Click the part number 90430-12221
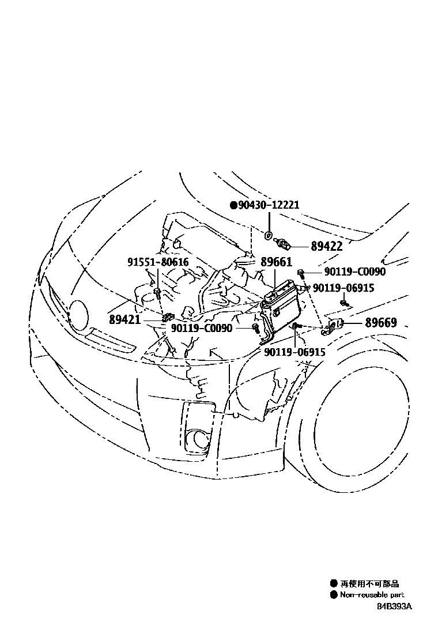click(269, 205)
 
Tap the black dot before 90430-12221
click(233, 205)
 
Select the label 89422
click(327, 246)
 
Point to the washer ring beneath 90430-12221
click(269, 235)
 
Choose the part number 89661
click(276, 262)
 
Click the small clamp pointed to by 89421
click(167, 318)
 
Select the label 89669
click(380, 323)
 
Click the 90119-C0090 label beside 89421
click(201, 328)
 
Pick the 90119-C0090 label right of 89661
click(354, 272)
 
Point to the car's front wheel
click(369, 427)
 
